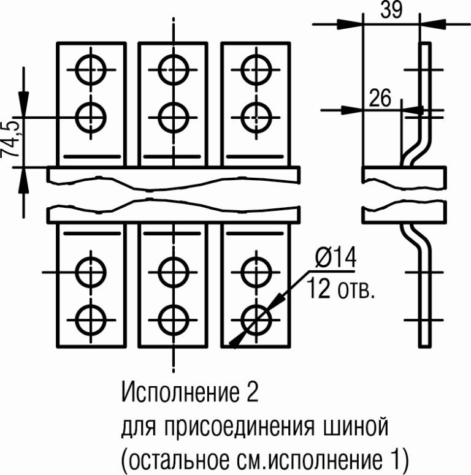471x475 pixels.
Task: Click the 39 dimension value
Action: tap(391, 10)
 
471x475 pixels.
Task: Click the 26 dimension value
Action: tap(380, 97)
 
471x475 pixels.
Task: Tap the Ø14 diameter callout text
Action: tap(335, 259)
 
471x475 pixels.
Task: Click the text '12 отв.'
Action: tap(339, 288)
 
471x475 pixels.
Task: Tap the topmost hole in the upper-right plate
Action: tap(254, 69)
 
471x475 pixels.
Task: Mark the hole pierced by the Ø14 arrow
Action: tap(254, 317)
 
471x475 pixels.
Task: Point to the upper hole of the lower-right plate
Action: tap(254, 270)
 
